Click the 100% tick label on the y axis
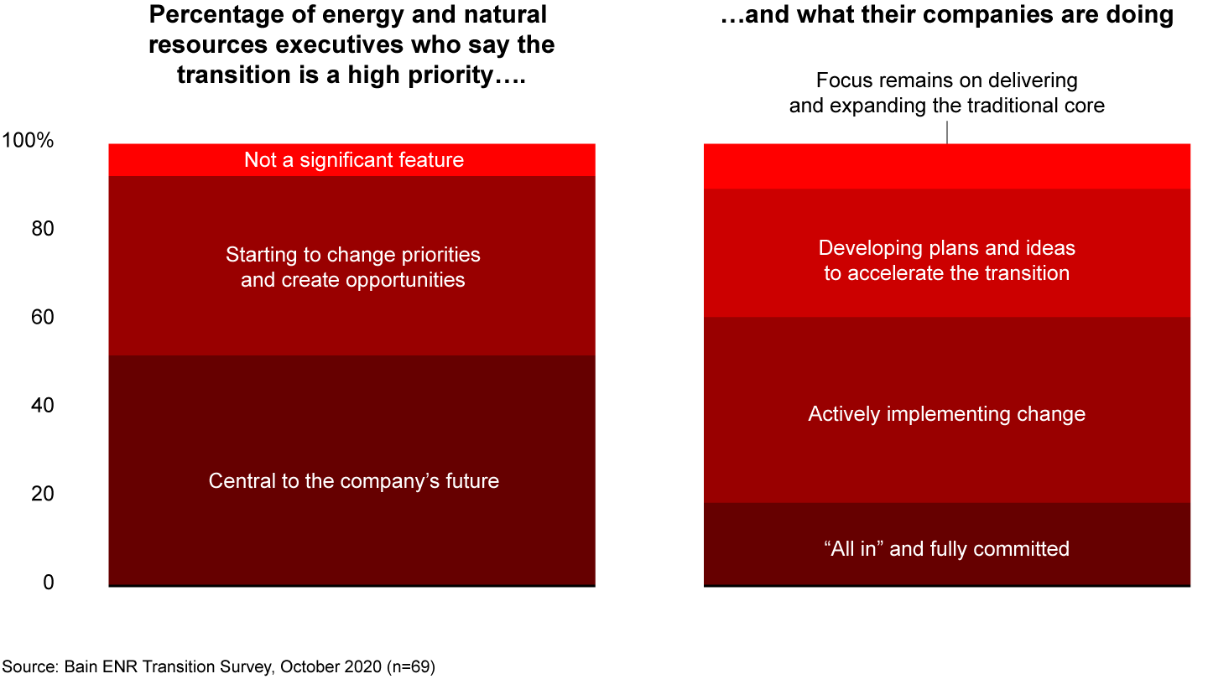[29, 141]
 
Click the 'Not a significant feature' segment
[352, 160]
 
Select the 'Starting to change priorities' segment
[352, 266]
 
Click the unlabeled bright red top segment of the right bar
[946, 166]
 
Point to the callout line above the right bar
[947, 132]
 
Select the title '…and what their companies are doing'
[946, 14]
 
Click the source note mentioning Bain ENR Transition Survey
[218, 667]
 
